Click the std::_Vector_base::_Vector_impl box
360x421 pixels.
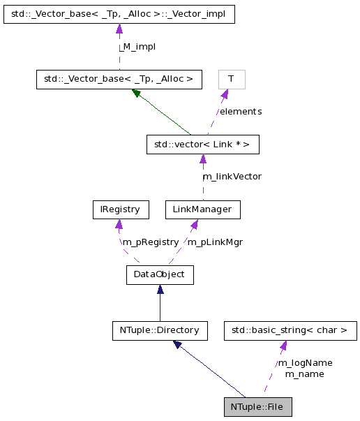(119, 14)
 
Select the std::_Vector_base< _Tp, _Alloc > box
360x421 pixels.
(119, 79)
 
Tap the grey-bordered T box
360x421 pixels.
(231, 79)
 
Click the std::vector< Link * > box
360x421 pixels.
(202, 145)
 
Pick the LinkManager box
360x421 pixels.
(202, 209)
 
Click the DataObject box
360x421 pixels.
(159, 274)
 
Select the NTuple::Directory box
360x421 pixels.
(159, 330)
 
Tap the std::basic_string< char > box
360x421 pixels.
(285, 330)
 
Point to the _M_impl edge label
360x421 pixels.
(137, 47)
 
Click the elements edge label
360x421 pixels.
(240, 111)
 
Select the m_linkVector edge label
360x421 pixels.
(232, 177)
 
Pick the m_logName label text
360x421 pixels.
(305, 362)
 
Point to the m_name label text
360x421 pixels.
(305, 374)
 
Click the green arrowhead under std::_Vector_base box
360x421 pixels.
(137, 93)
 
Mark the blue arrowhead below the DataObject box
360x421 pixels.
(159, 289)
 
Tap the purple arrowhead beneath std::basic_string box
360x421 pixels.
(283, 346)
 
